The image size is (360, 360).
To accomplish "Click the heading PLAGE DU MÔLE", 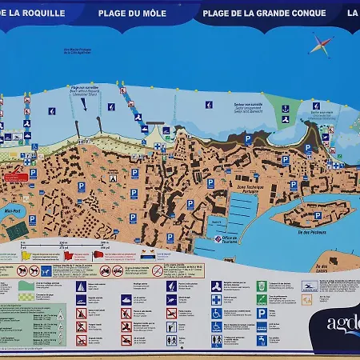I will click(x=133, y=13).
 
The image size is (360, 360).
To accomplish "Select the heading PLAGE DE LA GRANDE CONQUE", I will click(x=264, y=13).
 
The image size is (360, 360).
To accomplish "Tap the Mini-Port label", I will click(x=12, y=213).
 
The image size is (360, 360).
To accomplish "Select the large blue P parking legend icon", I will click(x=262, y=313).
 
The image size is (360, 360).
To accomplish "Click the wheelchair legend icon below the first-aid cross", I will click(x=217, y=313).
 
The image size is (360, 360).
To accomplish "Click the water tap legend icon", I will click(x=262, y=339).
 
